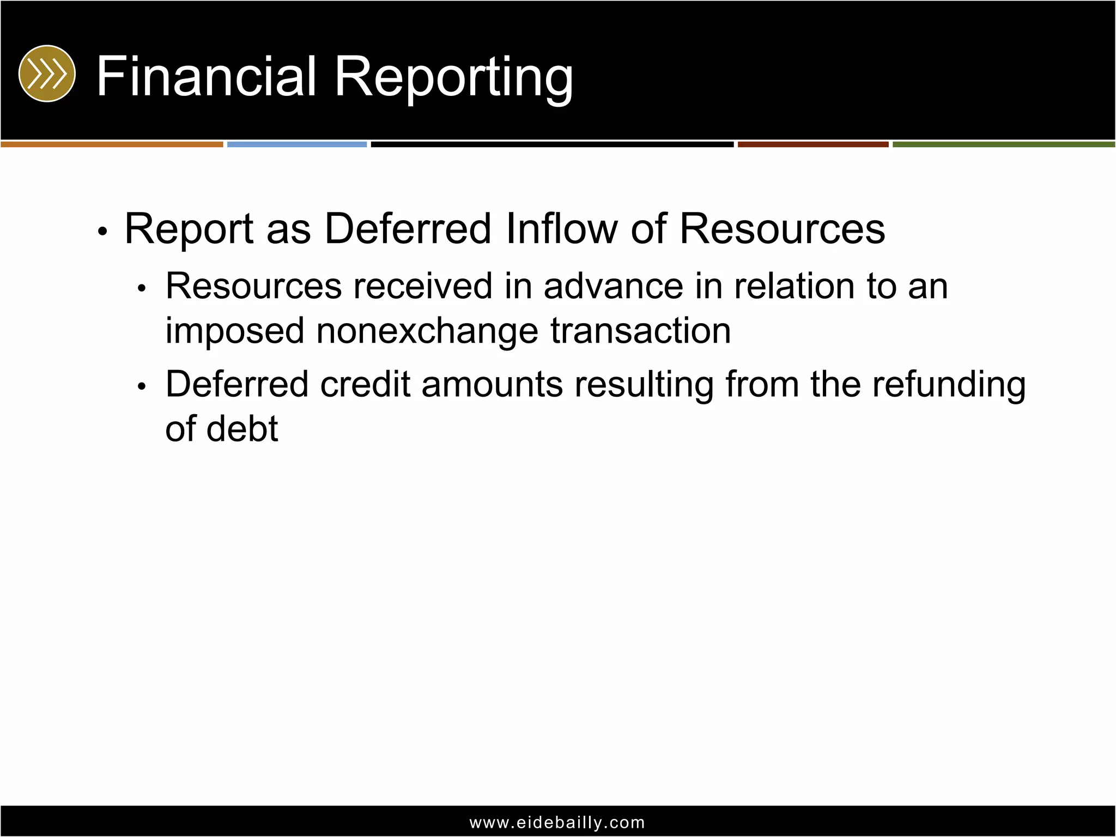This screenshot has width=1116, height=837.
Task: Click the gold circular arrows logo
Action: (47, 74)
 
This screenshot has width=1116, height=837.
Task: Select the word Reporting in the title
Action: (453, 77)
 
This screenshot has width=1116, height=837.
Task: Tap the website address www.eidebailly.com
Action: (557, 822)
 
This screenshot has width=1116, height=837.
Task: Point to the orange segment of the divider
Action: (112, 144)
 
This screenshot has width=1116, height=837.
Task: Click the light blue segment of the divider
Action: (297, 144)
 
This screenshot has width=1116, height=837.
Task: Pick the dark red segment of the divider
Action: (813, 144)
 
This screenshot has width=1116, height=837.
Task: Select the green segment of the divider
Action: (1004, 144)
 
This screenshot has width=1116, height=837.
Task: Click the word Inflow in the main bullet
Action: (561, 229)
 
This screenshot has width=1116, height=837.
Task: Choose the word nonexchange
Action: (427, 331)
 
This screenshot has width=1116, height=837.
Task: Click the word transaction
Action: (640, 331)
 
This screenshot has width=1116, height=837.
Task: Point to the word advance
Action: (613, 286)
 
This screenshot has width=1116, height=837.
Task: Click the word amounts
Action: (492, 385)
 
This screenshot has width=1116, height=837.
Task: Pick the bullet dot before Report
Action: (102, 232)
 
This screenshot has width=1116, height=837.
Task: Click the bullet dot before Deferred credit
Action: (142, 387)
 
